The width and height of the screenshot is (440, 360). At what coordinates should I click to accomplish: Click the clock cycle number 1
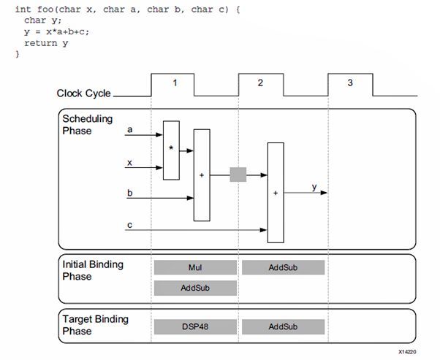pos(174,83)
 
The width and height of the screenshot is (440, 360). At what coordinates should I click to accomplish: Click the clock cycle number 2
pos(260,83)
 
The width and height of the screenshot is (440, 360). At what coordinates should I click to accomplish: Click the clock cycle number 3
pos(349,83)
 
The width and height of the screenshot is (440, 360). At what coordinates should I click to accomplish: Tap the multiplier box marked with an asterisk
pos(171,150)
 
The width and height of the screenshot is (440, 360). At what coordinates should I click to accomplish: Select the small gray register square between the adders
pos(238,175)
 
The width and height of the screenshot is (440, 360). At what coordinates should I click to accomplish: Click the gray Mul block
pos(195,267)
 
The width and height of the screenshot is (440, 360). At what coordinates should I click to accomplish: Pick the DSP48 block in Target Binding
pos(195,326)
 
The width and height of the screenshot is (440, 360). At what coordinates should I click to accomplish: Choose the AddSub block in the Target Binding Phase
pos(283,326)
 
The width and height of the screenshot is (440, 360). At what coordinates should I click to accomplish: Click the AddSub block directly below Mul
pos(195,288)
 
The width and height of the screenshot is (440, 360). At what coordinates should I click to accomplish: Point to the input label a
pos(129,130)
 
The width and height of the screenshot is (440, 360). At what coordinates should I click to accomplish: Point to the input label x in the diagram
pos(129,162)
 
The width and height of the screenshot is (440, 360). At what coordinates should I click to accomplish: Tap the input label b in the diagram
pos(129,193)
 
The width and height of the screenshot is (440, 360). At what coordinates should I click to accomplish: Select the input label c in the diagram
pos(129,225)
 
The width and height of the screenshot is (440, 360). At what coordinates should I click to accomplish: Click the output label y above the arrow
pos(314,187)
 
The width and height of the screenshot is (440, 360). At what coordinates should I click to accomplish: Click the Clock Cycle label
pos(83,93)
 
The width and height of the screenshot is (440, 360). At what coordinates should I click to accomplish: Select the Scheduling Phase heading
pos(87,125)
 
